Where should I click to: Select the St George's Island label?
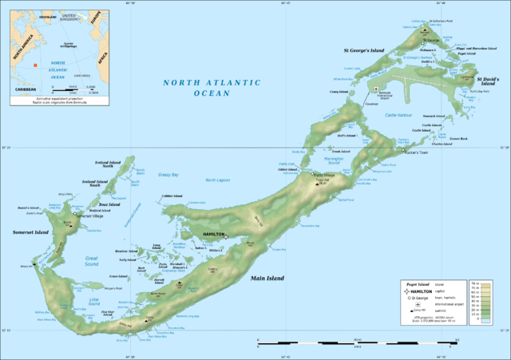(363, 50)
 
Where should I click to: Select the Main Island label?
(269, 278)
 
